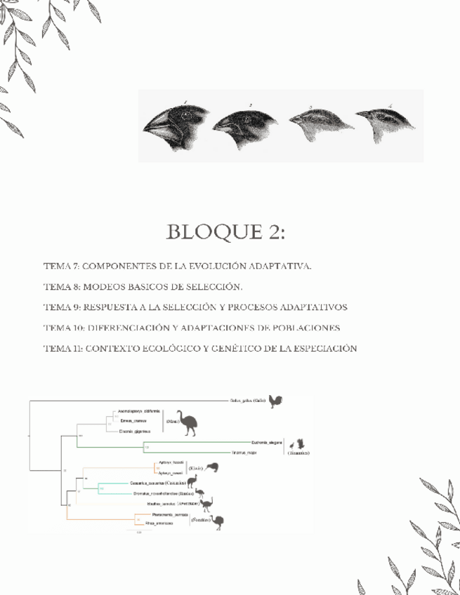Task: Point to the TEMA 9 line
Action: tap(195, 307)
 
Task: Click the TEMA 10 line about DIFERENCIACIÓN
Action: tap(192, 328)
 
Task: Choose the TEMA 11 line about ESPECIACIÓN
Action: tap(200, 348)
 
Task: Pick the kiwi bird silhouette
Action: tap(211, 467)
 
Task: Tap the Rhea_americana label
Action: tap(157, 523)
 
